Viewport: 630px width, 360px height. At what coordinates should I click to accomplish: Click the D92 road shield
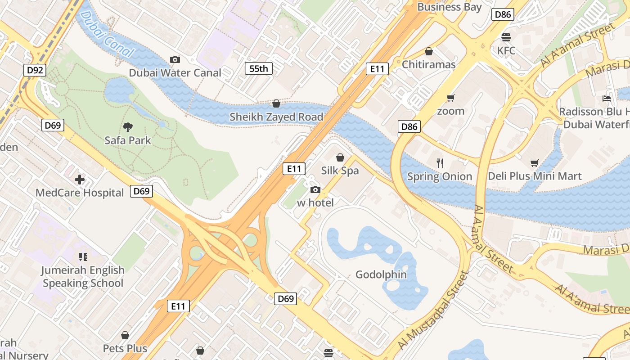[35, 70]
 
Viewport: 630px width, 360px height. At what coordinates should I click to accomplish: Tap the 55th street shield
[259, 68]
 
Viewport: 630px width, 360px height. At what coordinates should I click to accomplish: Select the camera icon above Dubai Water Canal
[175, 59]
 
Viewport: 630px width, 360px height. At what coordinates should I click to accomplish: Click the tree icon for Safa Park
[128, 127]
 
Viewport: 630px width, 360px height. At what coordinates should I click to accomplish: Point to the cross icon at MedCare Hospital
[80, 180]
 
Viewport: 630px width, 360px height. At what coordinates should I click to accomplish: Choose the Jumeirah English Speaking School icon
[83, 257]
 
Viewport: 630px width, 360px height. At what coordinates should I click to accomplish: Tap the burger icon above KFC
[506, 37]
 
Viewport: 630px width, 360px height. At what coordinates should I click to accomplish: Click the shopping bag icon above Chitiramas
[429, 52]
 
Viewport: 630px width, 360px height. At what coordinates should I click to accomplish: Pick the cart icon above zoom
[450, 98]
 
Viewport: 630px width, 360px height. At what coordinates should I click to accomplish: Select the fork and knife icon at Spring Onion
[440, 163]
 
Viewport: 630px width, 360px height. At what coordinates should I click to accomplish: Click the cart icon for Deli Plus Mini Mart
[535, 163]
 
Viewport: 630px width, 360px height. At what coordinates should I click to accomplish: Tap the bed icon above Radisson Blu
[607, 99]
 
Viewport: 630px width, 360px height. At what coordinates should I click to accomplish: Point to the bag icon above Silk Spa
[340, 157]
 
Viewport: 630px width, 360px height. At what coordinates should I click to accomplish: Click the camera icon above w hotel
[315, 190]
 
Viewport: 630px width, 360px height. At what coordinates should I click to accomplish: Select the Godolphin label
[381, 274]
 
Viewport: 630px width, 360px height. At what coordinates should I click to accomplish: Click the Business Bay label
[450, 7]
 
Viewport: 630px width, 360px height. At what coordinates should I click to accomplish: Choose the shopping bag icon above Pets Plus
[125, 335]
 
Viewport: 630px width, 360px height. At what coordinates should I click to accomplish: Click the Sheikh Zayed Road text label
[276, 117]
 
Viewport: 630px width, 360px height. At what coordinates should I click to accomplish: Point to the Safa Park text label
[128, 140]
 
